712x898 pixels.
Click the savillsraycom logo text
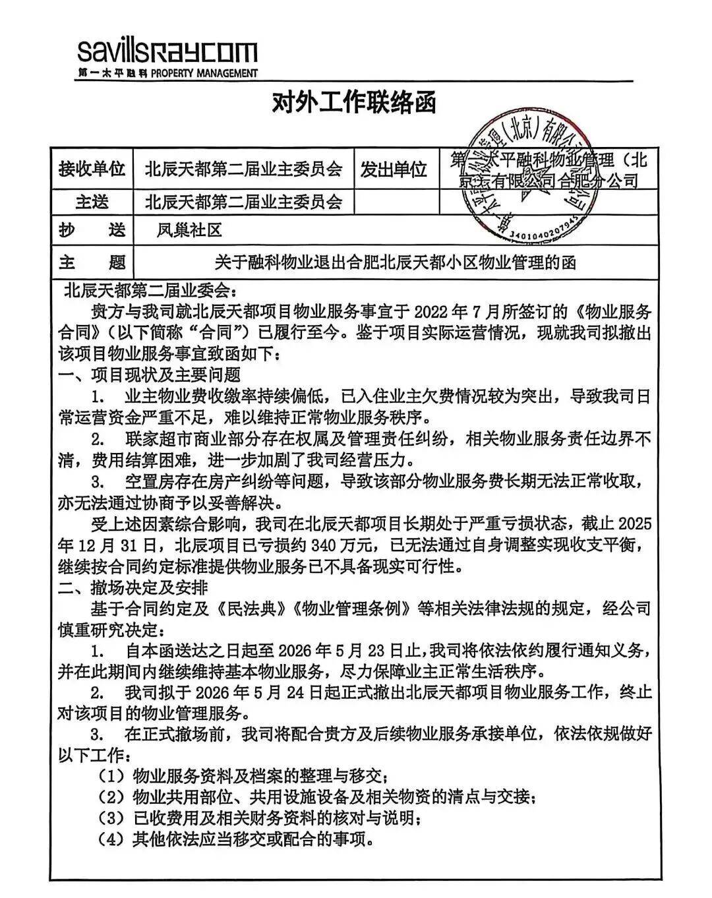pyautogui.click(x=167, y=51)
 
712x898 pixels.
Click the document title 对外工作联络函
pyautogui.click(x=354, y=102)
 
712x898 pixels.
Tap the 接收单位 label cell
pyautogui.click(x=92, y=169)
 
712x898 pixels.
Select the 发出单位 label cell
pyautogui.click(x=393, y=169)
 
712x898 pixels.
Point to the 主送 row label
pyautogui.click(x=92, y=200)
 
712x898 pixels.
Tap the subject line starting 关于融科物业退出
pyautogui.click(x=395, y=262)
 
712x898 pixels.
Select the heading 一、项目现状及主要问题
pyautogui.click(x=149, y=374)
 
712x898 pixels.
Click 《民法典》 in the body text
pyautogui.click(x=265, y=607)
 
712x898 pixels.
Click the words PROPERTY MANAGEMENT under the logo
pyautogui.click(x=204, y=73)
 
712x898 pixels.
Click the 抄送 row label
pyautogui.click(x=92, y=230)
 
